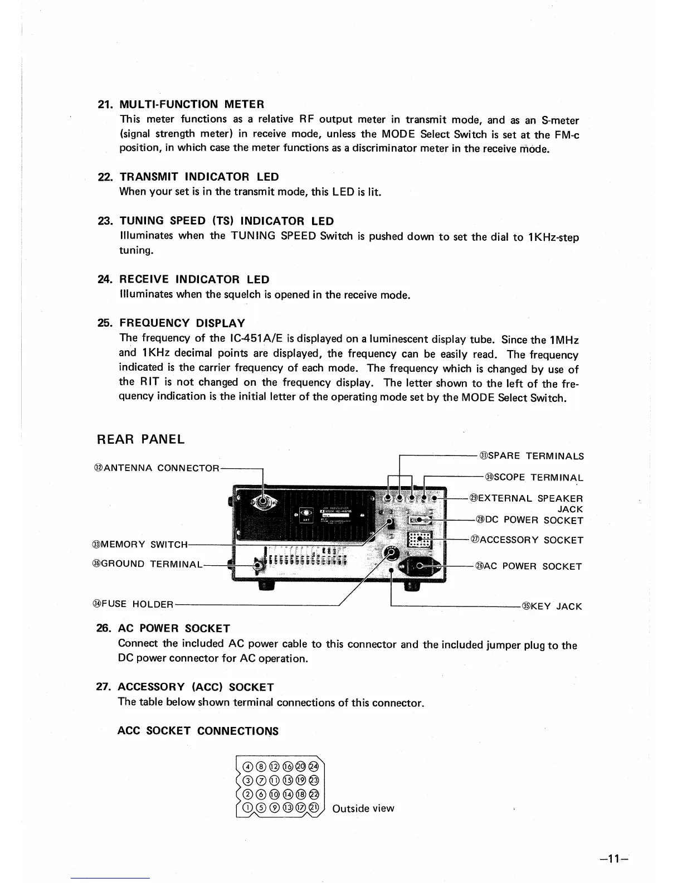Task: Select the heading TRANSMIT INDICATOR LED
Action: pyautogui.click(x=199, y=177)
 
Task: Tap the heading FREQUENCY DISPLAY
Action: pyautogui.click(x=182, y=323)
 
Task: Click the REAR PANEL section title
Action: pyautogui.click(x=140, y=439)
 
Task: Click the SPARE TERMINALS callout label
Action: pyautogui.click(x=532, y=456)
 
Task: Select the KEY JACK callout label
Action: pyautogui.click(x=552, y=606)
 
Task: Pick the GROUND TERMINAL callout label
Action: pyautogui.click(x=146, y=564)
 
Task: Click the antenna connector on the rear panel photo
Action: pyautogui.click(x=262, y=502)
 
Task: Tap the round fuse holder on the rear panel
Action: pyautogui.click(x=392, y=552)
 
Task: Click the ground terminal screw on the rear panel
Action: pyautogui.click(x=257, y=565)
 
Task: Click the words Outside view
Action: pyautogui.click(x=363, y=808)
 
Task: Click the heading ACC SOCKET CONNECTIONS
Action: pyautogui.click(x=198, y=731)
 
